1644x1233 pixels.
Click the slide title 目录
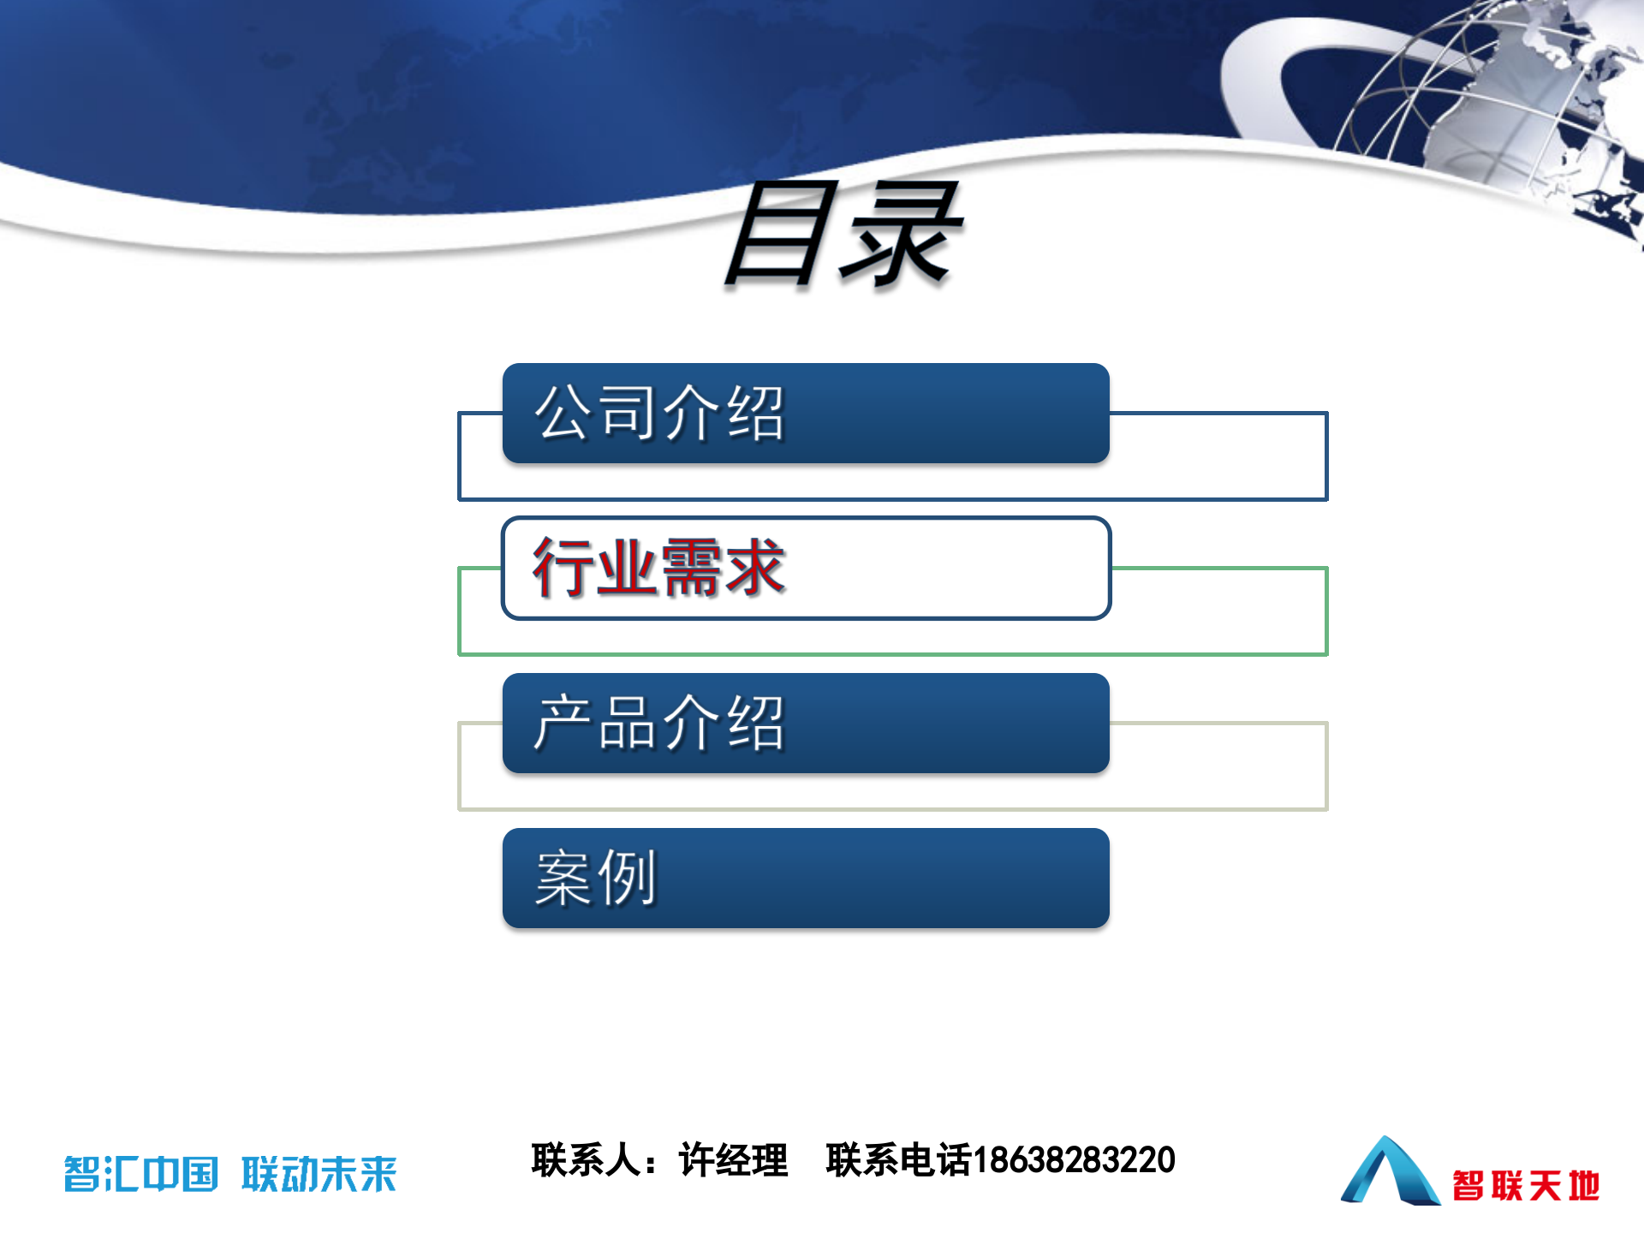tap(843, 235)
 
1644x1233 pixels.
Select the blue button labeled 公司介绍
tap(805, 414)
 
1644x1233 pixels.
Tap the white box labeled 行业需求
tap(805, 568)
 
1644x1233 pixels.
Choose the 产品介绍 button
tap(805, 724)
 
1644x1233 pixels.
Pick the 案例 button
tap(805, 878)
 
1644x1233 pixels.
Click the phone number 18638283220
tap(1074, 1160)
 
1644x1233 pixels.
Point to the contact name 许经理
tap(733, 1160)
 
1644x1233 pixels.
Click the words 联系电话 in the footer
tap(898, 1160)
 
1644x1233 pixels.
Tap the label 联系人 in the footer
tap(586, 1160)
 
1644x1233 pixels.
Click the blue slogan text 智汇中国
tap(141, 1174)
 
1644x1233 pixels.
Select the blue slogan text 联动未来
tap(319, 1174)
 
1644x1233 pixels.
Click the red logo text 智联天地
tap(1526, 1186)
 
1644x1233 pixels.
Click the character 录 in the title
tap(899, 235)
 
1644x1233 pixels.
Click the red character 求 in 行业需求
tap(753, 568)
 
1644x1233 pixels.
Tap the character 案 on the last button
tap(563, 878)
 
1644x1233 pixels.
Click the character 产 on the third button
tap(563, 724)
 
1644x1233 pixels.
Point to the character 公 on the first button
tap(563, 414)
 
